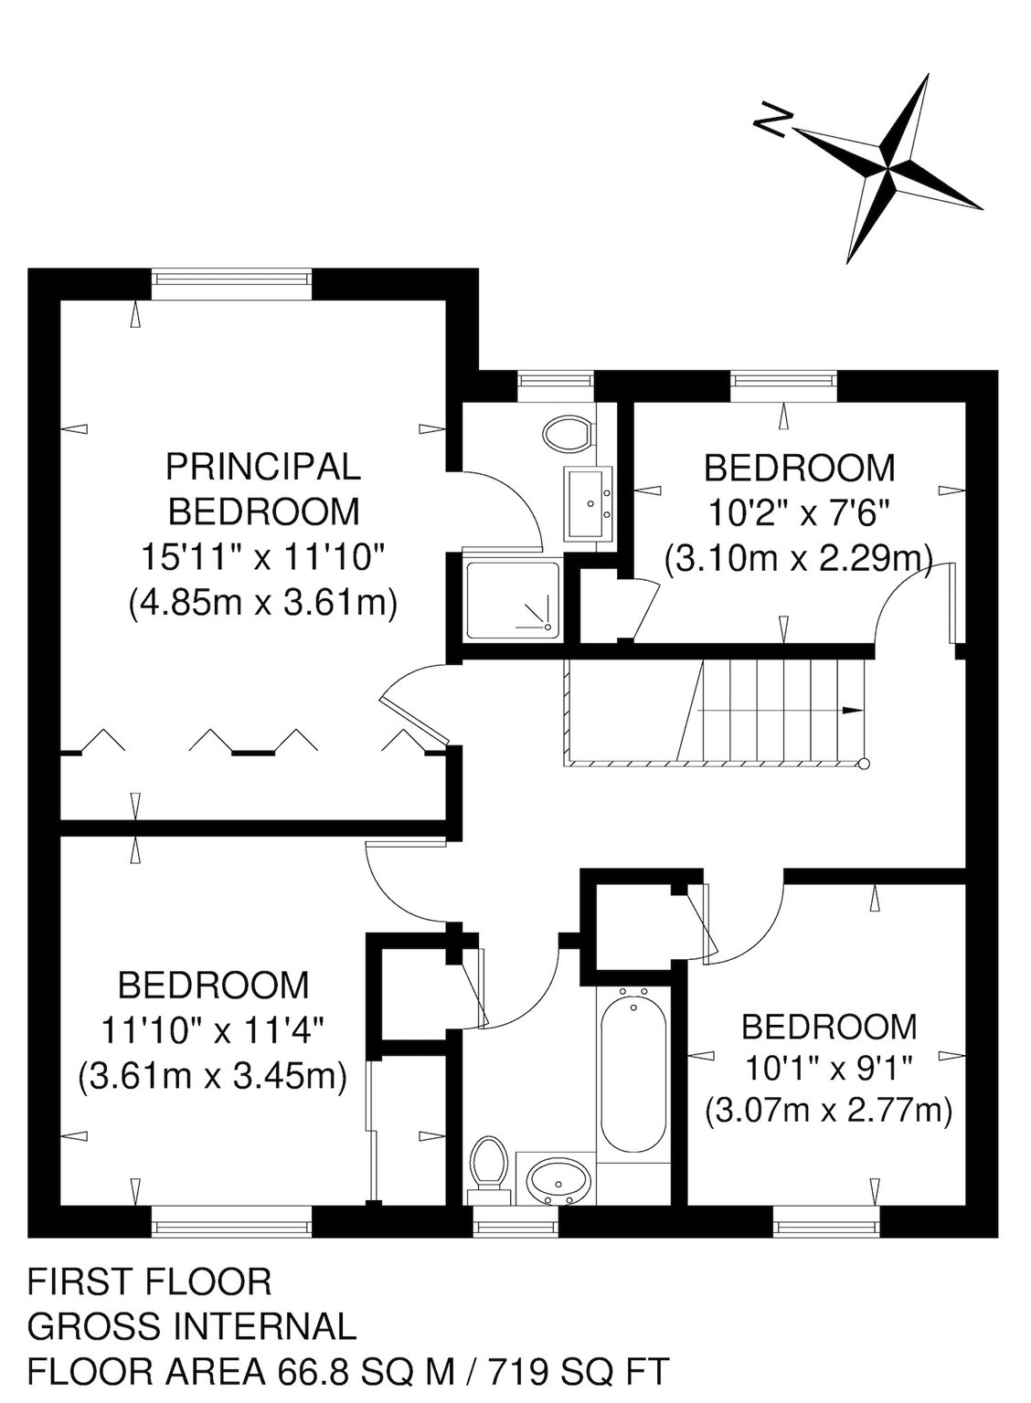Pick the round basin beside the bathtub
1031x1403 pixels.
[x=555, y=1179]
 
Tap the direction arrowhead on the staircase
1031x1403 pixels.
[x=851, y=711]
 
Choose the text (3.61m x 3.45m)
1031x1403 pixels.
[x=213, y=1077]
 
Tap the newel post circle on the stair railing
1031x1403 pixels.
[x=864, y=764]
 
